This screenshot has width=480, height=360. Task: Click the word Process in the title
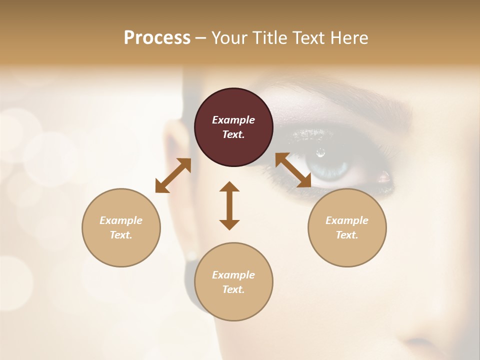(157, 38)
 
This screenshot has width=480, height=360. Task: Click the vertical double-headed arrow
(229, 205)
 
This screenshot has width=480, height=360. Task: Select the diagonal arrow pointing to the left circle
(173, 175)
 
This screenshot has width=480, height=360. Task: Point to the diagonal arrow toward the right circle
(293, 170)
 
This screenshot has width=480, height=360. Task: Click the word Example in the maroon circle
(233, 120)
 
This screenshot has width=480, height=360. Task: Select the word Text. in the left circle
(121, 235)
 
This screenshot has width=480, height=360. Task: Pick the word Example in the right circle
(347, 220)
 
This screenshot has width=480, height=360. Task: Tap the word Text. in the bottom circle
(233, 289)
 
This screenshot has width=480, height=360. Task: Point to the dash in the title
(201, 38)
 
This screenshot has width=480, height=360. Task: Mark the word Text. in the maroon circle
(233, 134)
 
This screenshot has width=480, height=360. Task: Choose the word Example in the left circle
(121, 220)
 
